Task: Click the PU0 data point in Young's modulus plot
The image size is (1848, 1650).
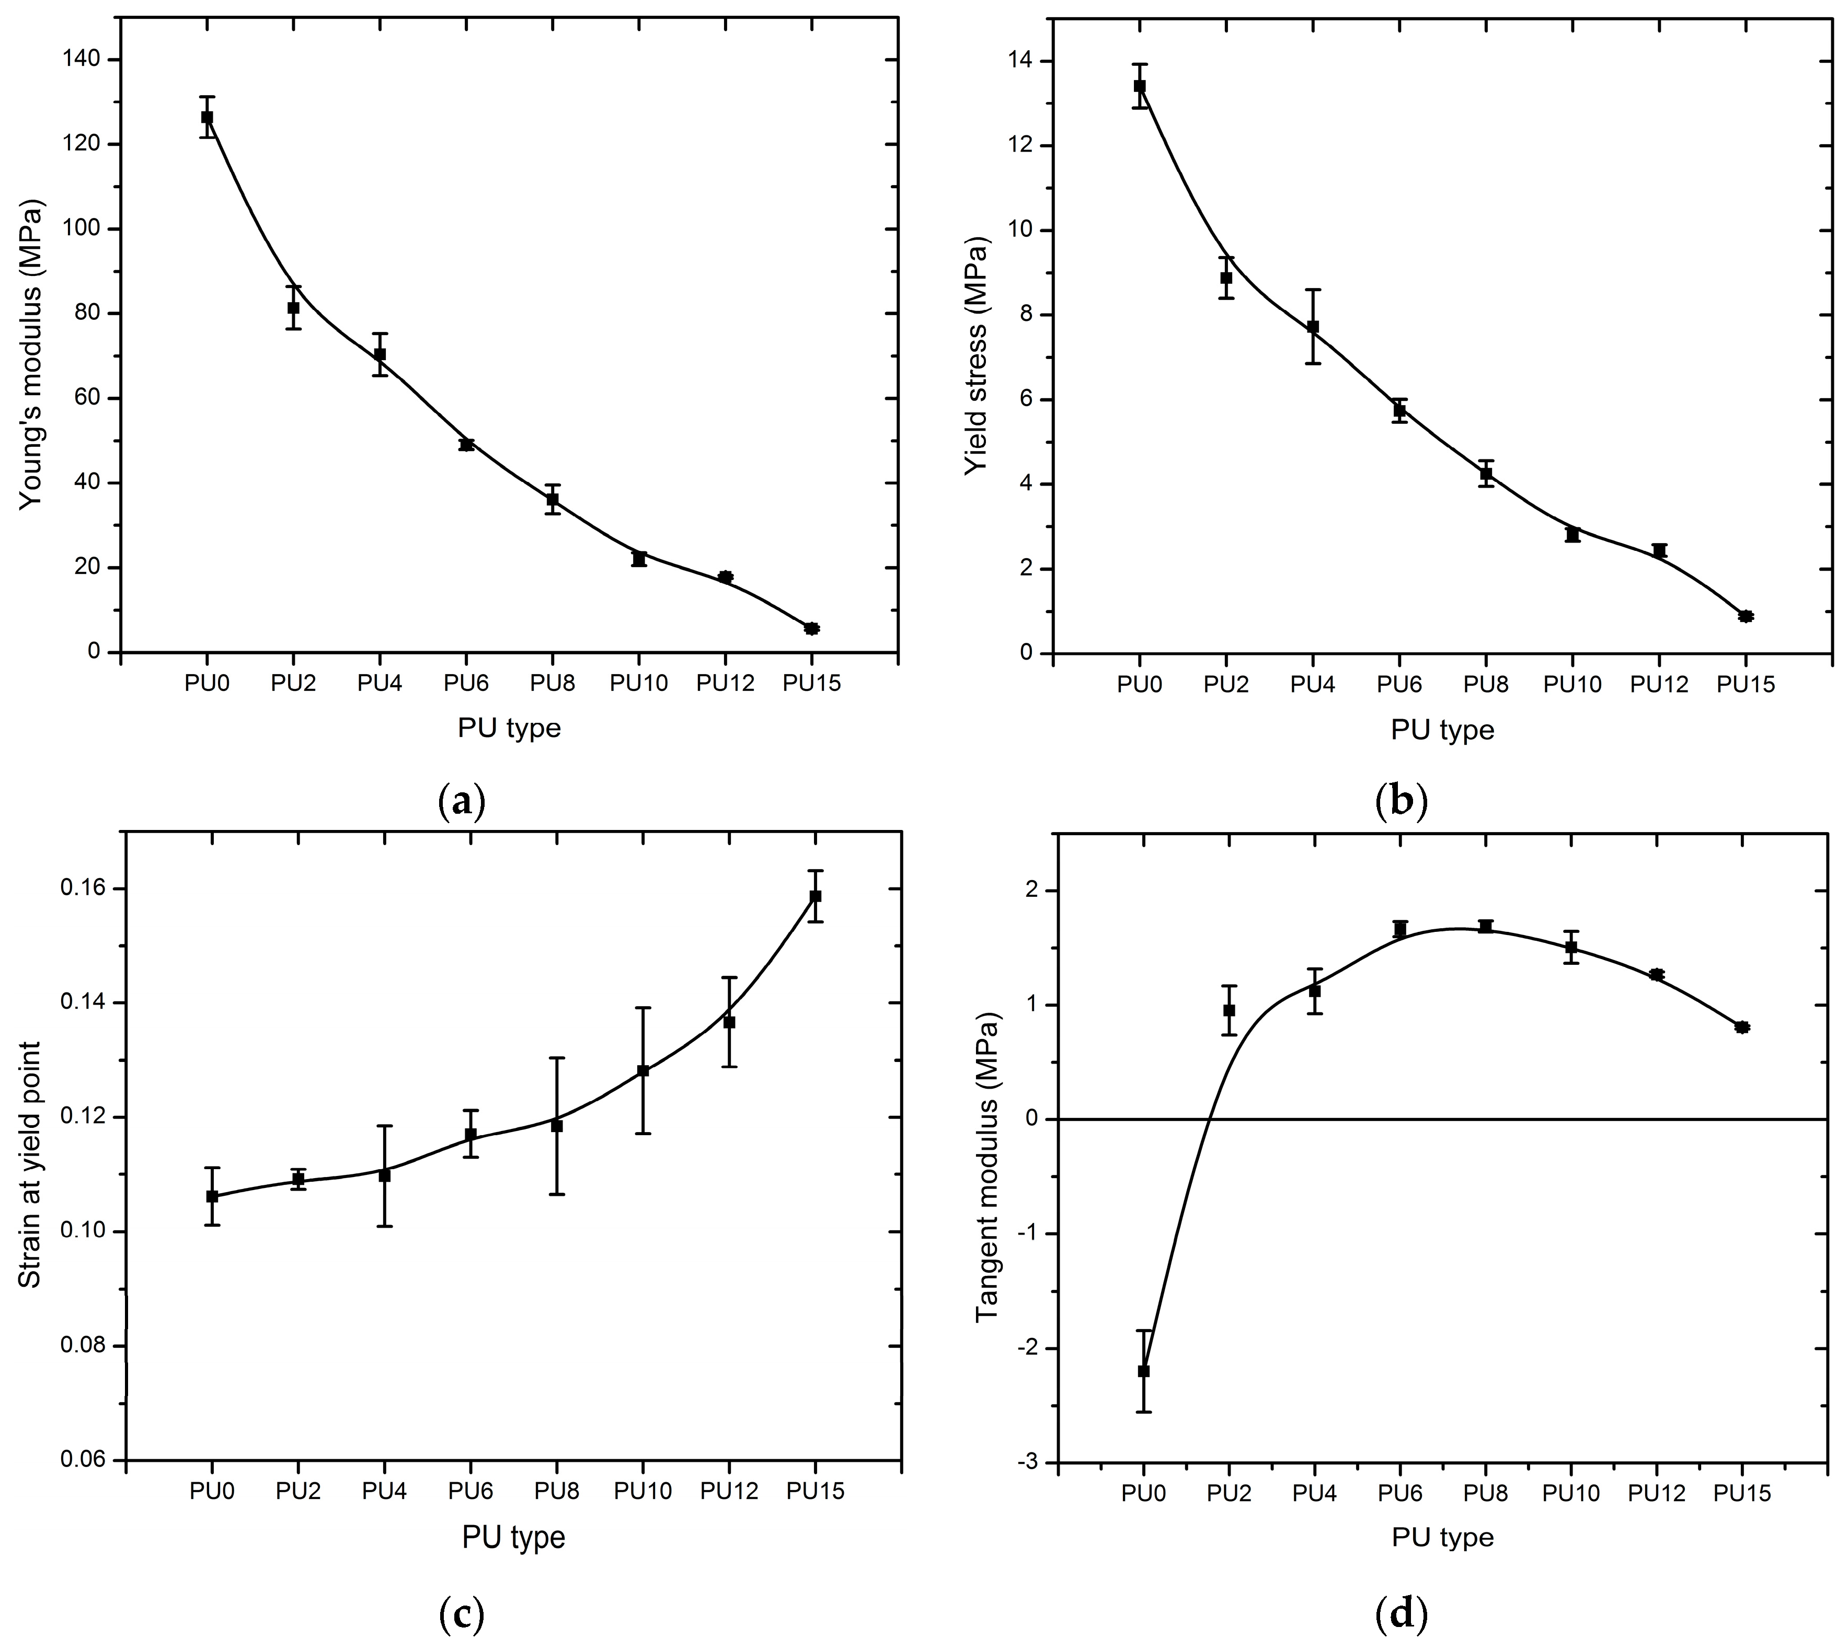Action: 206,117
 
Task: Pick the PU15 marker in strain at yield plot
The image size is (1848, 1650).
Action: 815,896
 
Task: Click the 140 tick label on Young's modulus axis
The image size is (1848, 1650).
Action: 84,60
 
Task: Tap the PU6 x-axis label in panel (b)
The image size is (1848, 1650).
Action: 1398,685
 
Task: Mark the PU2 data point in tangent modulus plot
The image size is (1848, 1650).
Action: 1229,1010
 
